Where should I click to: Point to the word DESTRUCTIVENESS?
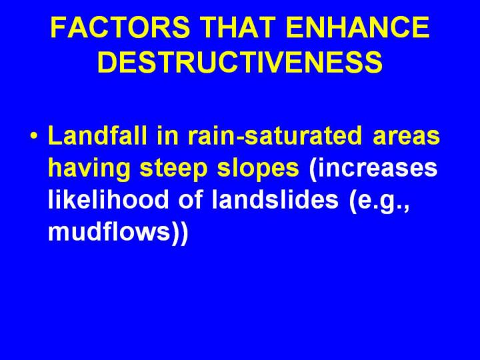[x=240, y=61]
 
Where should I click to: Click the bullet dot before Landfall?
[x=34, y=135]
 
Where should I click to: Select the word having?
[x=89, y=169]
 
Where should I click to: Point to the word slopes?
[x=258, y=169]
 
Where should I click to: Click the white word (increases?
[x=373, y=169]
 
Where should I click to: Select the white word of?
[x=191, y=199]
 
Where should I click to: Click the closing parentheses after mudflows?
[x=179, y=232]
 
